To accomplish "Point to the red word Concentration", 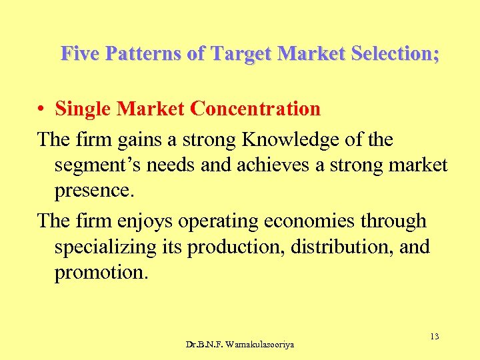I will point(255,109).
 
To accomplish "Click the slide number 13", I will point(434,337).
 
